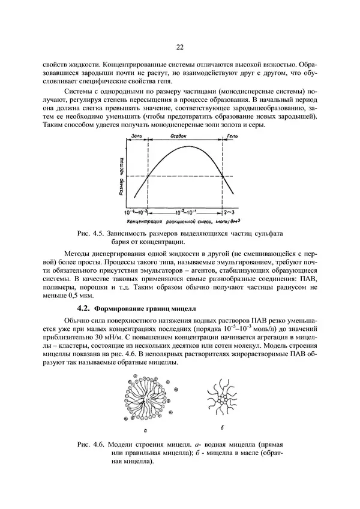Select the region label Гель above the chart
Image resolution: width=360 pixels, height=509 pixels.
(233, 137)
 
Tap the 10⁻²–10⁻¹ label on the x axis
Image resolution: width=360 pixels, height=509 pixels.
(185, 213)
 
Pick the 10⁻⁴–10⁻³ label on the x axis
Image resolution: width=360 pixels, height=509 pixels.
(136, 213)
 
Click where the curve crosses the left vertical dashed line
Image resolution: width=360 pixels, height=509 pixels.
(148, 175)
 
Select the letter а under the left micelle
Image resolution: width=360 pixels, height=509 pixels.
(148, 430)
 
